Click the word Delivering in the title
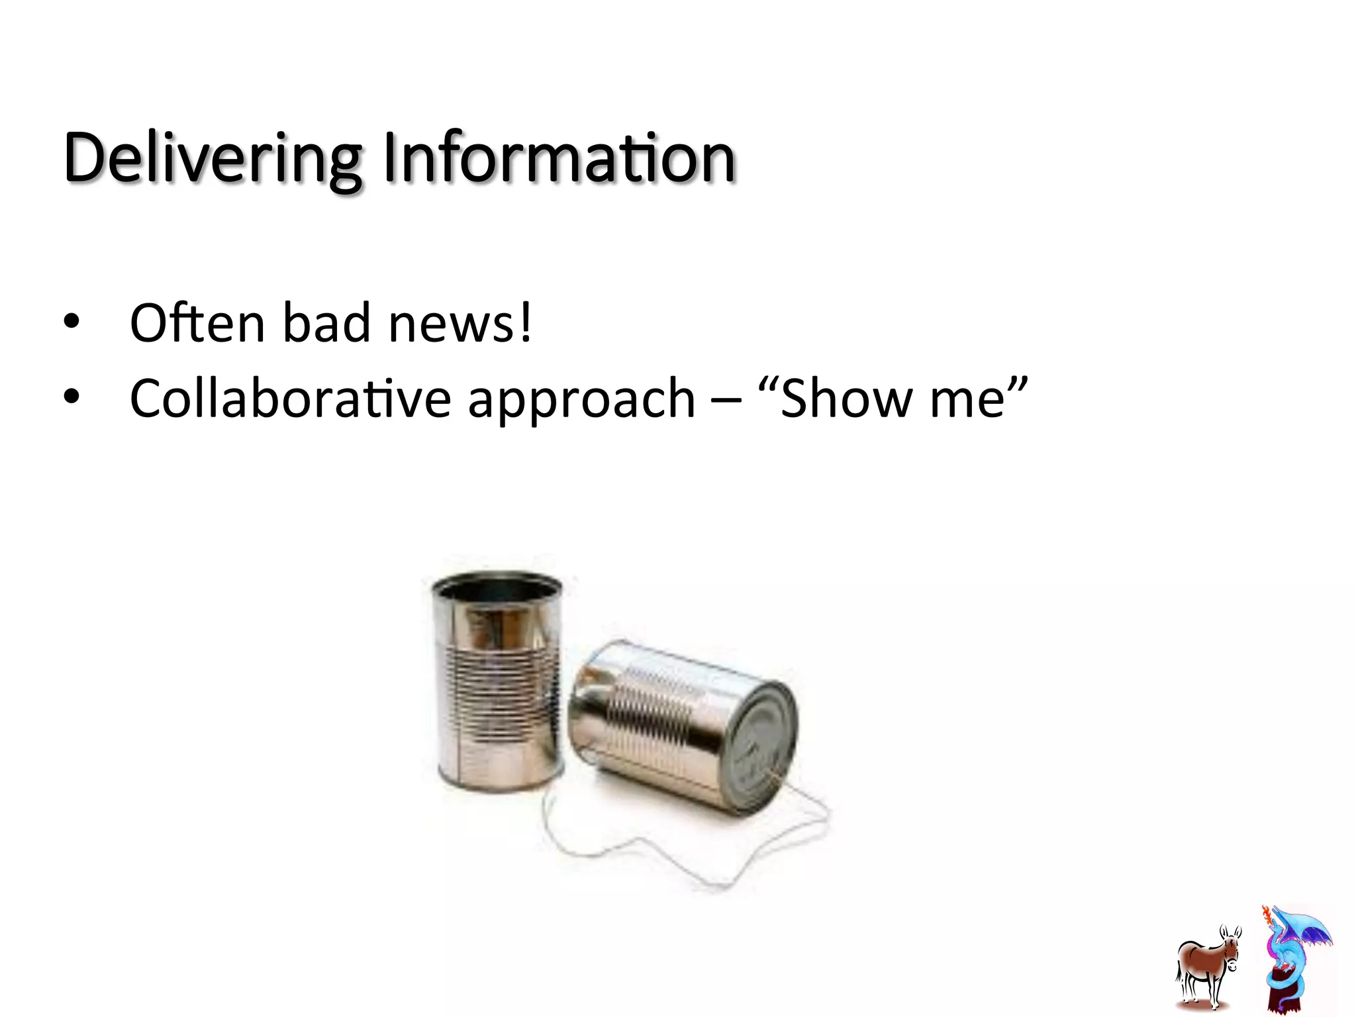(x=212, y=159)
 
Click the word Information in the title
(x=559, y=159)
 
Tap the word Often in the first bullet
(x=197, y=323)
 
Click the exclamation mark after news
(x=525, y=323)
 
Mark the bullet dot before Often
(x=72, y=322)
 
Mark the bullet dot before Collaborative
(x=72, y=397)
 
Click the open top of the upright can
(x=497, y=587)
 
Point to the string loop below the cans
(x=662, y=854)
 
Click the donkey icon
(x=1207, y=967)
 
